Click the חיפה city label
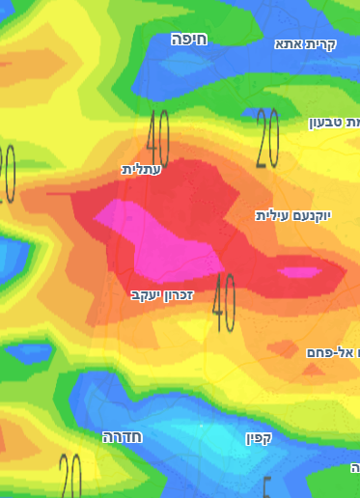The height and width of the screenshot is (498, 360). click(189, 39)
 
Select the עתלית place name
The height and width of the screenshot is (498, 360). click(142, 169)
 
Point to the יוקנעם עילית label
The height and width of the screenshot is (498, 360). click(292, 215)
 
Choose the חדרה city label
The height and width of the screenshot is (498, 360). click(123, 437)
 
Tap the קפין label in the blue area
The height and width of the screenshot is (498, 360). click(260, 438)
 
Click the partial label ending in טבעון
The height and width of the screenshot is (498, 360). click(333, 123)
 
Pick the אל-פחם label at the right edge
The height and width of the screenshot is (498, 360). click(330, 353)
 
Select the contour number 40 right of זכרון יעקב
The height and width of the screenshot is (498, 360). click(224, 302)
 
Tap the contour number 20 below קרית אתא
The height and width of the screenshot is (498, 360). click(267, 138)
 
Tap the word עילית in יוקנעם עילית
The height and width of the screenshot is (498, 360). click(272, 215)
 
